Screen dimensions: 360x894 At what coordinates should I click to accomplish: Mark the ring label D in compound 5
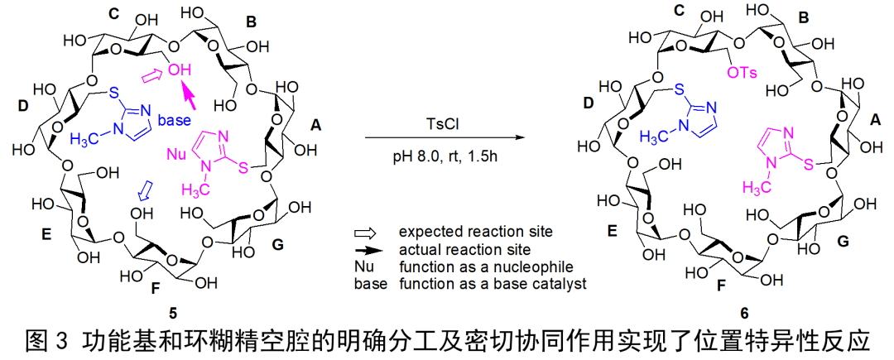click(22, 105)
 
